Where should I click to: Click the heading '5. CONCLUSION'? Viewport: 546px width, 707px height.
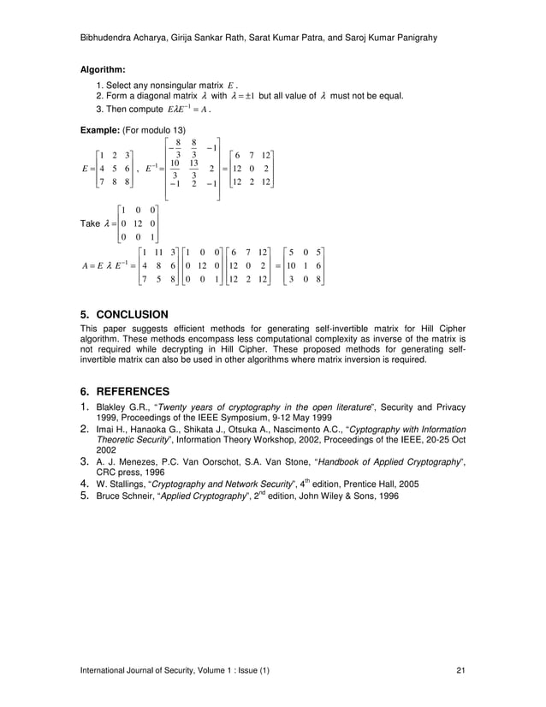tap(123, 314)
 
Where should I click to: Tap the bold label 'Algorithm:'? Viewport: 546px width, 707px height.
tap(103, 69)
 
